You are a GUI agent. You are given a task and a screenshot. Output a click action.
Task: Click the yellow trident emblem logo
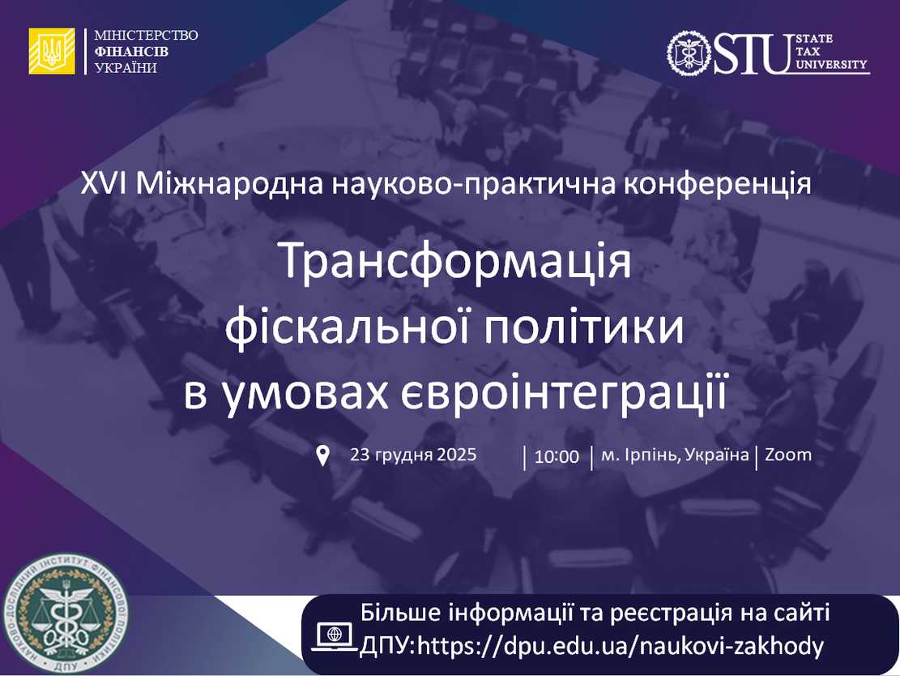(x=52, y=51)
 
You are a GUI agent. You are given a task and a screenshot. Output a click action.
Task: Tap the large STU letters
(x=750, y=53)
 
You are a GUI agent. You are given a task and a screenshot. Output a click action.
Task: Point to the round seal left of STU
(x=689, y=53)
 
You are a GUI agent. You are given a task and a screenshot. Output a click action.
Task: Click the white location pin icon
(x=322, y=456)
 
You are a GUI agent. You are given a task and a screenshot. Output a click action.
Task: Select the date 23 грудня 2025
(x=413, y=454)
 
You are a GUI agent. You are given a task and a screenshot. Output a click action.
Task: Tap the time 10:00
(x=557, y=456)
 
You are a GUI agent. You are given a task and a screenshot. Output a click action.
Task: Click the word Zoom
(x=787, y=455)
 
